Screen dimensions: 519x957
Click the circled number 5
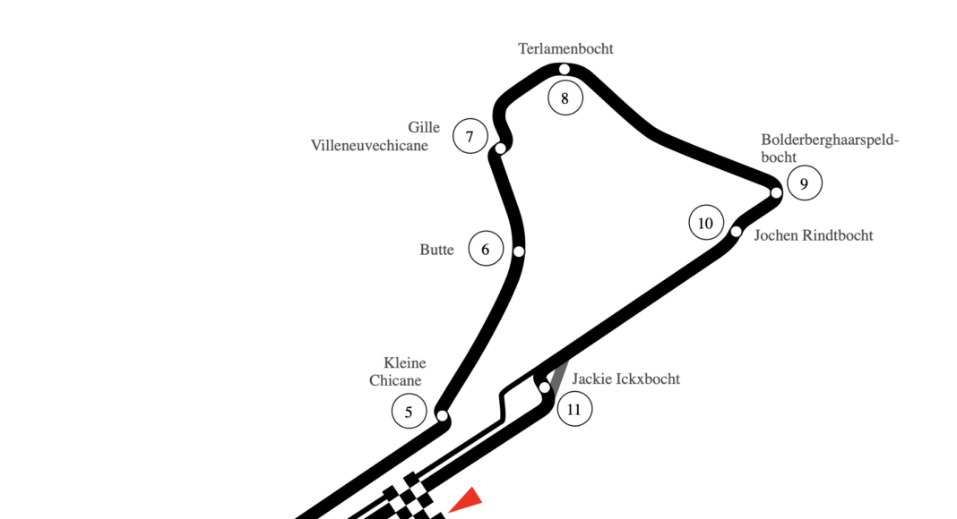[x=409, y=412]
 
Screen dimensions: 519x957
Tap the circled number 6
[x=486, y=249]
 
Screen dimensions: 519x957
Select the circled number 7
[x=470, y=137]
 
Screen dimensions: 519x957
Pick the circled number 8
[x=565, y=98]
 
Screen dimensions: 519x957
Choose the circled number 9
[x=805, y=184]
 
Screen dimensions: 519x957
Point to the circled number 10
[x=705, y=223]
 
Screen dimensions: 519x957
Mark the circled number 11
[x=574, y=411]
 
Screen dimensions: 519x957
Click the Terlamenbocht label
[x=565, y=49]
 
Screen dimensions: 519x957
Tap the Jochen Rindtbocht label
[x=813, y=235]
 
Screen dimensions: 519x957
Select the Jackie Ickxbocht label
[x=625, y=379]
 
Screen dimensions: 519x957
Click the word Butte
[x=436, y=250]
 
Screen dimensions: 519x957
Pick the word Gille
[x=424, y=127]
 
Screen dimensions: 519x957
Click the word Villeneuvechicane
[x=369, y=145]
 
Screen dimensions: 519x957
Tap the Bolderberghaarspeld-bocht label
[x=829, y=148]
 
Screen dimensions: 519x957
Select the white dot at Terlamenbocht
[x=565, y=70]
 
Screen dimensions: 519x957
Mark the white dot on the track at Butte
[x=518, y=251]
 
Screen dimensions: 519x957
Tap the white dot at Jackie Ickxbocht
[x=544, y=387]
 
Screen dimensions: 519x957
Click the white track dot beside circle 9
[x=776, y=192]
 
